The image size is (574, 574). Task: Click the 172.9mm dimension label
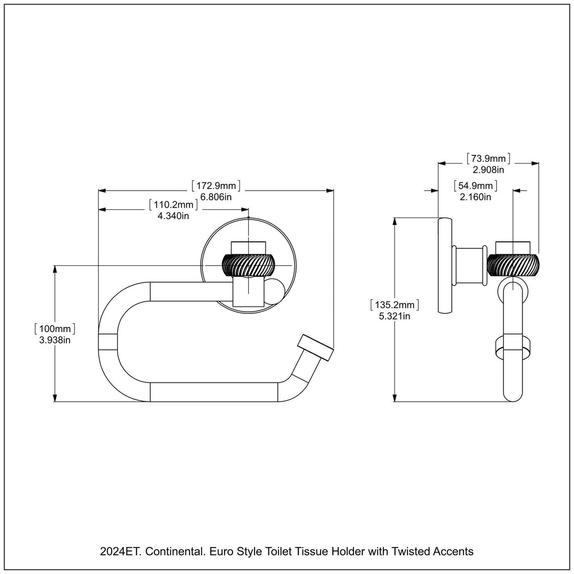tap(216, 186)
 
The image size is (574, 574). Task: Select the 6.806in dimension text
tap(216, 197)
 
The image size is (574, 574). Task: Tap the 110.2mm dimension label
tap(173, 205)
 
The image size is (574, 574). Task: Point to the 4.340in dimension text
tap(173, 216)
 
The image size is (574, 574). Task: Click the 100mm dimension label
tap(55, 329)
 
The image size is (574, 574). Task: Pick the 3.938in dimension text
tap(55, 340)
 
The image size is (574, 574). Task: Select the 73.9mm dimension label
tap(488, 159)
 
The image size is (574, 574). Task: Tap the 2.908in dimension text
tap(488, 170)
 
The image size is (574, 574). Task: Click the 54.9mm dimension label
tap(475, 186)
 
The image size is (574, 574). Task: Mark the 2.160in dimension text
tap(475, 197)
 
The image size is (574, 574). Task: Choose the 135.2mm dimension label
tap(394, 305)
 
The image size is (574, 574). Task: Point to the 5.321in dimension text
tap(394, 316)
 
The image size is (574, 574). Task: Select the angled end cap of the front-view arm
tap(316, 348)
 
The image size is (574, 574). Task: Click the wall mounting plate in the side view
tap(445, 265)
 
